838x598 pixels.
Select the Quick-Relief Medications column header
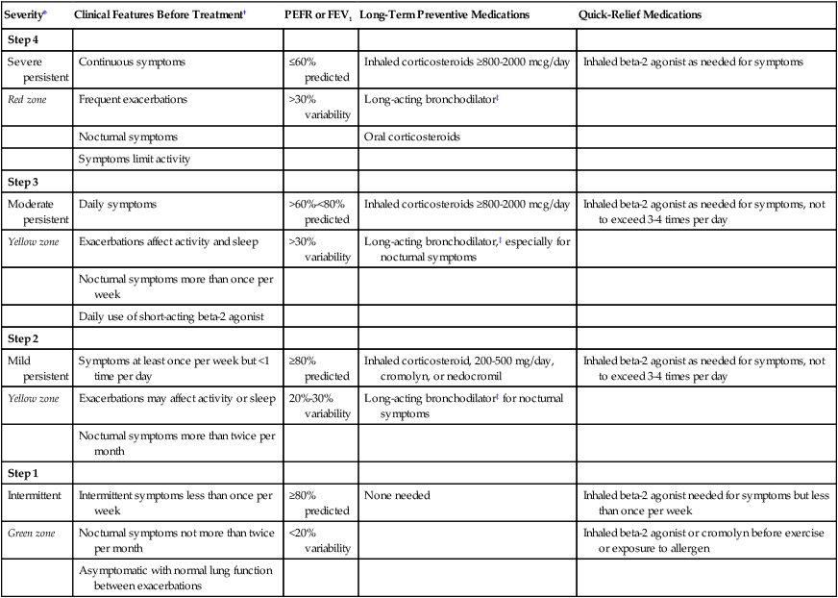tap(640, 15)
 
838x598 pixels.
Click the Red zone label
tap(28, 99)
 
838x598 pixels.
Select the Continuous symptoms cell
tap(132, 62)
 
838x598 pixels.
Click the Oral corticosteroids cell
tap(411, 137)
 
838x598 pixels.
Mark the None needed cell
tap(396, 495)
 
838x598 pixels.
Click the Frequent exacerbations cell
tap(134, 99)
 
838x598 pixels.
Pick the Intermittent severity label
tap(35, 495)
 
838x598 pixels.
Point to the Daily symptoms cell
tap(118, 204)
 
